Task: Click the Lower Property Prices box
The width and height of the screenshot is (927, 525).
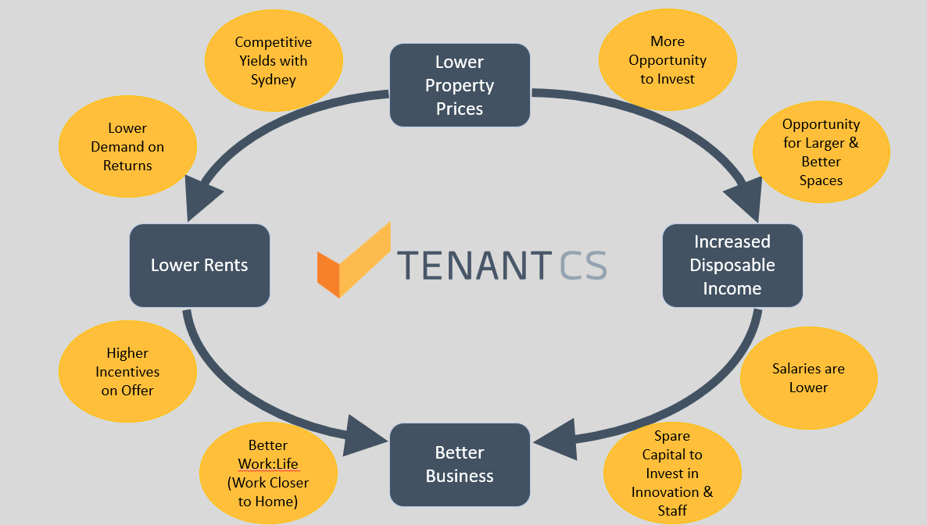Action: pos(460,85)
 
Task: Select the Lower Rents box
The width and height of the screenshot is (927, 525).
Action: pos(199,266)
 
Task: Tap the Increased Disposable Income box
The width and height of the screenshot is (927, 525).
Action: pos(732,266)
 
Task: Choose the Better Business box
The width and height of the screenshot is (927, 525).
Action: pos(460,465)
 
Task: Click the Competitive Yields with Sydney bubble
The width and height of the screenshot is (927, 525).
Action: pos(274,60)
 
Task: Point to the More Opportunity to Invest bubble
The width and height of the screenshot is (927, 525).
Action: pos(668,59)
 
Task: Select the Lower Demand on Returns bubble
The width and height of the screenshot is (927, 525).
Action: pos(127,147)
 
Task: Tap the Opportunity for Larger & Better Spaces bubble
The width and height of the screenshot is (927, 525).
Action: pos(821,152)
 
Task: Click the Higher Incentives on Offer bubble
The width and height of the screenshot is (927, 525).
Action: pos(127,371)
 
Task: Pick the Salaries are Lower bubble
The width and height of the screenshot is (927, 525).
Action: pos(809,378)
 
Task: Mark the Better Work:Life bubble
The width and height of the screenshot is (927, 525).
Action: pos(268,473)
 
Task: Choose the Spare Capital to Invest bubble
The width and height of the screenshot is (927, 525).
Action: pos(672,473)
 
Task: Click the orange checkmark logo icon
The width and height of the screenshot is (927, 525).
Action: pos(353,260)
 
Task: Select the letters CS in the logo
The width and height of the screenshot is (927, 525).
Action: pos(583,265)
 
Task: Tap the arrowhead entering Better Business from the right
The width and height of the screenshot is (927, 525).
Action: pos(557,439)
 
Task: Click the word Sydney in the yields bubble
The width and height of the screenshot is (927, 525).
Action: pos(273,80)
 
